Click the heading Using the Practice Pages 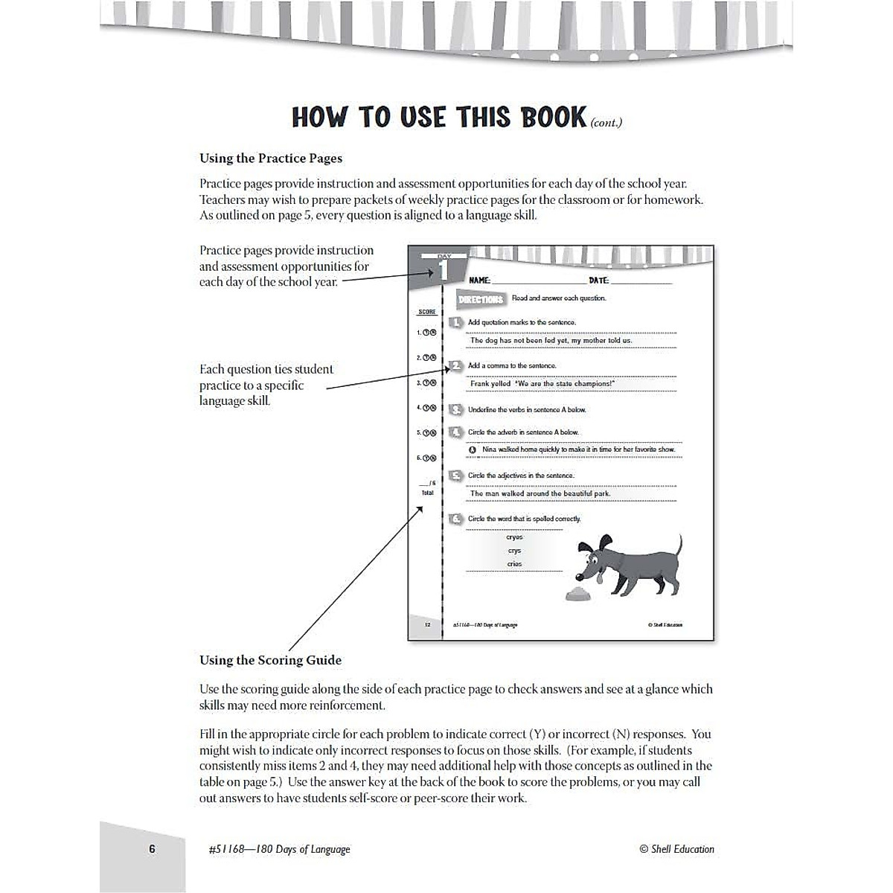tap(271, 158)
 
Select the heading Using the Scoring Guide tap(270, 660)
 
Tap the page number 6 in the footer tap(152, 848)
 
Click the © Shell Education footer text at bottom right tap(676, 849)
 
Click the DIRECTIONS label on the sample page tap(481, 299)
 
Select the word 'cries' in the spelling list tap(514, 564)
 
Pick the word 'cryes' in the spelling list tap(514, 537)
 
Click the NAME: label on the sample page tap(479, 281)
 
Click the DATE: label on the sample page tap(598, 281)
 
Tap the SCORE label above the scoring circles tap(427, 312)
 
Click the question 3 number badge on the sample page tap(456, 409)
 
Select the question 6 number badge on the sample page tap(456, 519)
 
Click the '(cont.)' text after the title tap(606, 124)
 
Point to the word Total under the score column tap(427, 493)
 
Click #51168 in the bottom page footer tap(228, 849)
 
